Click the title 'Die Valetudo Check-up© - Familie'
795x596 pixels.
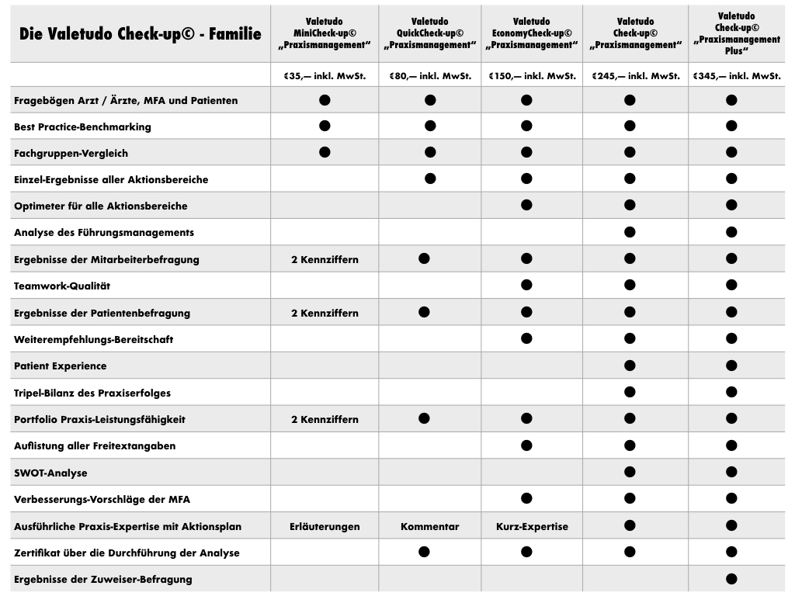[x=141, y=34]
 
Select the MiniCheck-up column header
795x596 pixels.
[x=325, y=33]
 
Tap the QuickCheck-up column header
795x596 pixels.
[x=429, y=33]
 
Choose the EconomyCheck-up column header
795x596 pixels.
[x=532, y=33]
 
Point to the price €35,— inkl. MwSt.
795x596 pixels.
[x=325, y=76]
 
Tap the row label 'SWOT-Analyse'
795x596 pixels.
[x=50, y=473]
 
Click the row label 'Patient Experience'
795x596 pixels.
[x=61, y=366]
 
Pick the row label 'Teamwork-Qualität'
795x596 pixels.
[x=62, y=286]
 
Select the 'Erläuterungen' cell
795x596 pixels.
[x=325, y=526]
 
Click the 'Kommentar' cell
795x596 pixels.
[x=429, y=526]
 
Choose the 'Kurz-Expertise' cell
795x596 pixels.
[x=532, y=526]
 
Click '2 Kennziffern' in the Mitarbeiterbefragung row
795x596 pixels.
[x=325, y=259]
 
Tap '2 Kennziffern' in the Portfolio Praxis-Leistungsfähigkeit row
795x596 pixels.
[x=325, y=419]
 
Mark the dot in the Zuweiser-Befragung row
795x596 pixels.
[x=731, y=578]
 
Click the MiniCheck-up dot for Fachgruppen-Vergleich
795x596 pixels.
[x=325, y=152]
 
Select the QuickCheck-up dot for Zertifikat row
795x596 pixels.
[x=424, y=552]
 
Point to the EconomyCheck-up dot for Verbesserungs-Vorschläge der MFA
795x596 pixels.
[x=526, y=498]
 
